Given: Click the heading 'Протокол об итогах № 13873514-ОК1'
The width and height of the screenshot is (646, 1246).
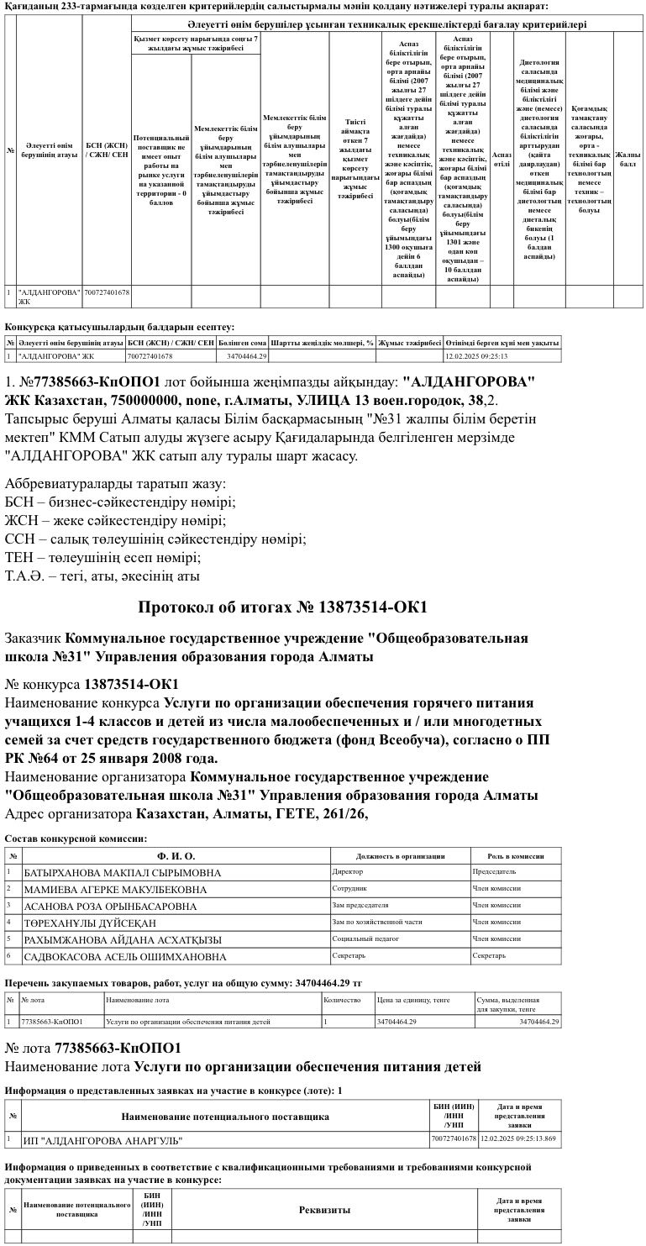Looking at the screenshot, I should click(282, 607).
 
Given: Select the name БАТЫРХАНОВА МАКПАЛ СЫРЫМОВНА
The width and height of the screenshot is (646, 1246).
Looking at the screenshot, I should click(123, 873).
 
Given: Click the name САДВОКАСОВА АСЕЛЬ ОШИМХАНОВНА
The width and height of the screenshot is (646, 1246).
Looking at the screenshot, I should click(125, 957).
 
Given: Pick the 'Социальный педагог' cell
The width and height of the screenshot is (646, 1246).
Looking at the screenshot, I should click(364, 938).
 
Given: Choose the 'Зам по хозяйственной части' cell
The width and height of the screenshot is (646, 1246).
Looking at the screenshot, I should click(377, 922).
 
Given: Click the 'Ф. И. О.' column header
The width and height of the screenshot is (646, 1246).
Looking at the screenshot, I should click(177, 856).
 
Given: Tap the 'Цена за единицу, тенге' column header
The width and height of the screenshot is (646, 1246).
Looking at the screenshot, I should click(413, 1000).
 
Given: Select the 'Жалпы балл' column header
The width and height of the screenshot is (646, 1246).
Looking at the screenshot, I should click(628, 160).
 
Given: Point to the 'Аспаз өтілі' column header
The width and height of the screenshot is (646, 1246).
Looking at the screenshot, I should click(502, 160).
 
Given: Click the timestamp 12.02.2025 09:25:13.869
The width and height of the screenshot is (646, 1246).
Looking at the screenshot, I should click(518, 1139).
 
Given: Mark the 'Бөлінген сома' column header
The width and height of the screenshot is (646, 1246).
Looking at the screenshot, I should click(242, 343).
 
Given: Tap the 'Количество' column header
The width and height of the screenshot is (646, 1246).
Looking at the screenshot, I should click(342, 1000).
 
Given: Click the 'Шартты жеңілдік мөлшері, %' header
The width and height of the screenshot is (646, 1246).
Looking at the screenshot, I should click(322, 343).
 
